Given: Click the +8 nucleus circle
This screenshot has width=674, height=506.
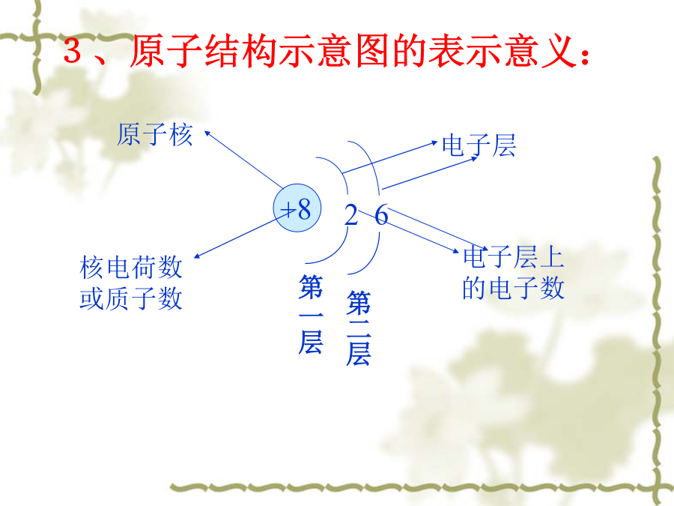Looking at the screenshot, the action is pyautogui.click(x=297, y=208).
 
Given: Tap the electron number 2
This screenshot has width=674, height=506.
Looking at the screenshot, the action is pyautogui.click(x=350, y=214).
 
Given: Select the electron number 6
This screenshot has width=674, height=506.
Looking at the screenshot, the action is pyautogui.click(x=381, y=214).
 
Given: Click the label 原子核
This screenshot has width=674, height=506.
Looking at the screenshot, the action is pyautogui.click(x=155, y=134).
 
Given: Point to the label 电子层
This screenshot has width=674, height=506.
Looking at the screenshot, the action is pyautogui.click(x=479, y=145).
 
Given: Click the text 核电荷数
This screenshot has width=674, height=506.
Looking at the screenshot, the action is pyautogui.click(x=131, y=267).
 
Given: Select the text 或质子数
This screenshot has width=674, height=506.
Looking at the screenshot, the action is pyautogui.click(x=131, y=298).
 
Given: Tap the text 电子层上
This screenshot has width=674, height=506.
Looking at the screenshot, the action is pyautogui.click(x=514, y=256).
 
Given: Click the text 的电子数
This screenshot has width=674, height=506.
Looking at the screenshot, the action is pyautogui.click(x=514, y=288).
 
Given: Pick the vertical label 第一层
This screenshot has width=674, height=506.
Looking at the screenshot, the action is pyautogui.click(x=311, y=314).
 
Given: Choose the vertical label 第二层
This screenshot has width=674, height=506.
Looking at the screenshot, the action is pyautogui.click(x=359, y=328).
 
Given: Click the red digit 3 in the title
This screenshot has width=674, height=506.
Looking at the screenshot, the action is pyautogui.click(x=73, y=50).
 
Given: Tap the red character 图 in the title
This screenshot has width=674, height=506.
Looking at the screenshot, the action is pyautogui.click(x=373, y=51).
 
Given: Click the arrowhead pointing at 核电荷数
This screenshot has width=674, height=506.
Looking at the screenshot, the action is pyautogui.click(x=197, y=256).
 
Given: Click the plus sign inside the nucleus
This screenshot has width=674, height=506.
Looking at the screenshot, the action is pyautogui.click(x=288, y=211).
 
